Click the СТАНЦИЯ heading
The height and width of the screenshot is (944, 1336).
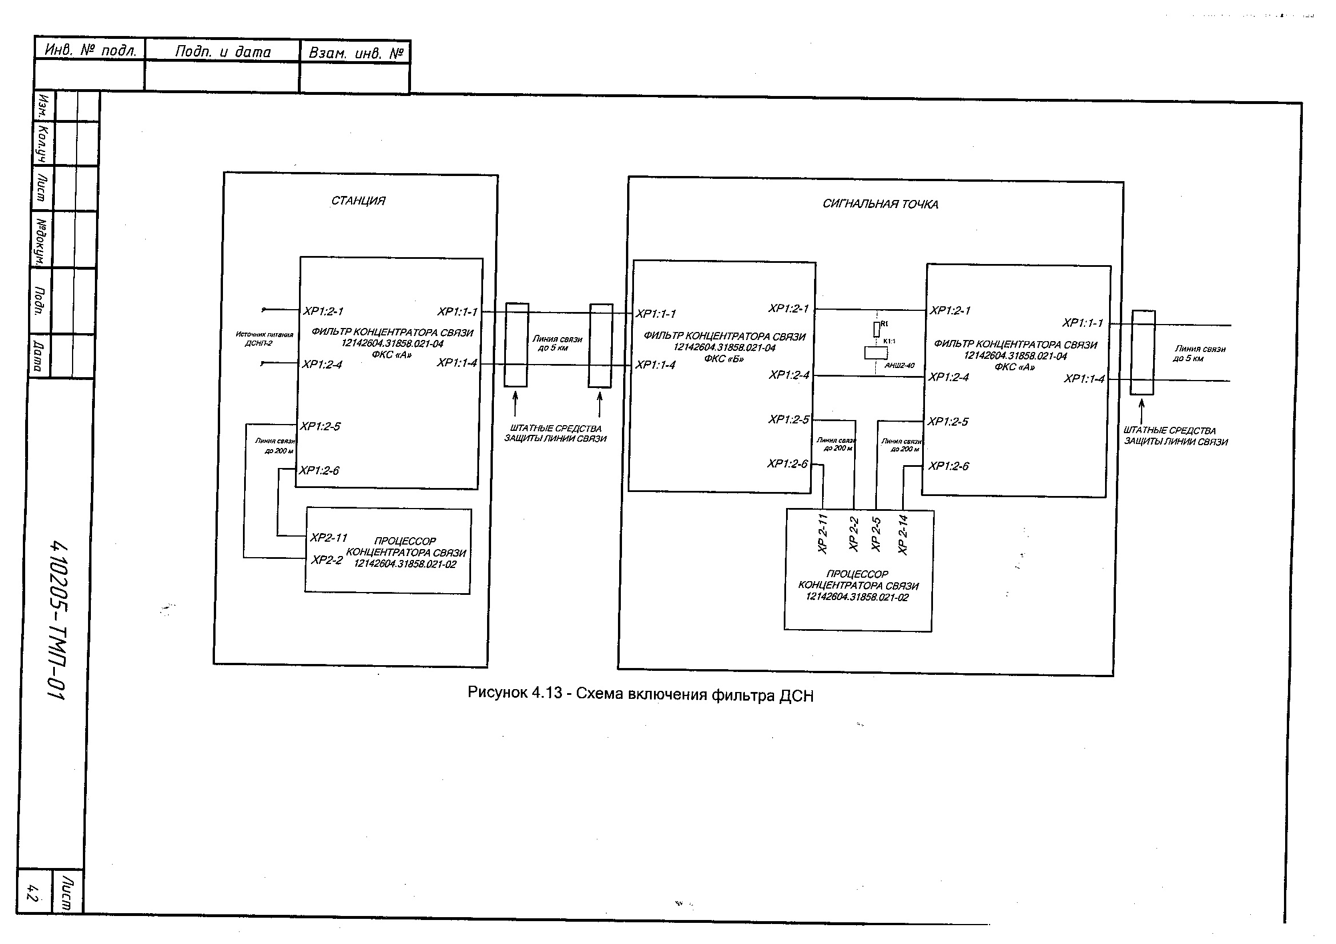[x=358, y=201]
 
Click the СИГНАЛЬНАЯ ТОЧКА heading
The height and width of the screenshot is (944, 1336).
[x=880, y=204]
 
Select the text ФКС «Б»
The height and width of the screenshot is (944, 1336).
[x=723, y=359]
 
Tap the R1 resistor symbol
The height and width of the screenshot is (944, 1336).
[x=876, y=329]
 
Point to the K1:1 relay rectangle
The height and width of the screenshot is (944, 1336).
[x=876, y=353]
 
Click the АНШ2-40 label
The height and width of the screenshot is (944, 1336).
[x=899, y=366]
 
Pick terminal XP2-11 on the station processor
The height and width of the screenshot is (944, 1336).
[x=328, y=538]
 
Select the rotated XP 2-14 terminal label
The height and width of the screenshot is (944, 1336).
[x=903, y=534]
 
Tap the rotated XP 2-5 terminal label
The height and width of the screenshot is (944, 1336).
[x=876, y=534]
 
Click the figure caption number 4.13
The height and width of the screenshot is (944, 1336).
[x=547, y=693]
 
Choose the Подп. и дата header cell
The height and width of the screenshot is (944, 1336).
[x=223, y=52]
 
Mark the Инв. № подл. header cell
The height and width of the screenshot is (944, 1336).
[x=91, y=50]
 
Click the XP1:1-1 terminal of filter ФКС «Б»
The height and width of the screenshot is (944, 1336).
[x=655, y=314]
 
